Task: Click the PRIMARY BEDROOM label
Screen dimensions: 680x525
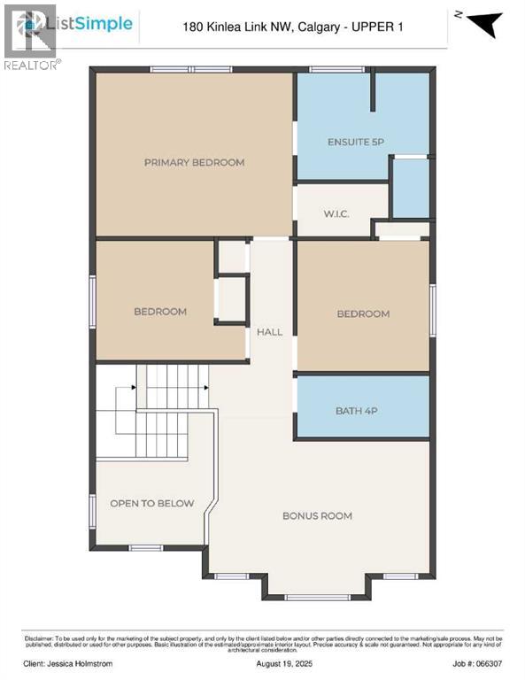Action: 194,162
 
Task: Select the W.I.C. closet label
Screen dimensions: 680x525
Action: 341,213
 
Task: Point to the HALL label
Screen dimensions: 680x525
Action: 269,332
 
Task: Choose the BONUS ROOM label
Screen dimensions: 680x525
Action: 317,515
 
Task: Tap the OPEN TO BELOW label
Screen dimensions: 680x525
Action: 151,503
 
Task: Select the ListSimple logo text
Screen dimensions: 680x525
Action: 97,24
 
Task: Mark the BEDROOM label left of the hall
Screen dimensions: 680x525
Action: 160,312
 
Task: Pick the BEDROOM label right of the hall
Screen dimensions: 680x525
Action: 363,314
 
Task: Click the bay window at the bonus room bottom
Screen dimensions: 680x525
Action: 316,596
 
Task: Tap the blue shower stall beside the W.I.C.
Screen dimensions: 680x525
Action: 411,188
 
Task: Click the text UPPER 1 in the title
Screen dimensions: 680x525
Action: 377,27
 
